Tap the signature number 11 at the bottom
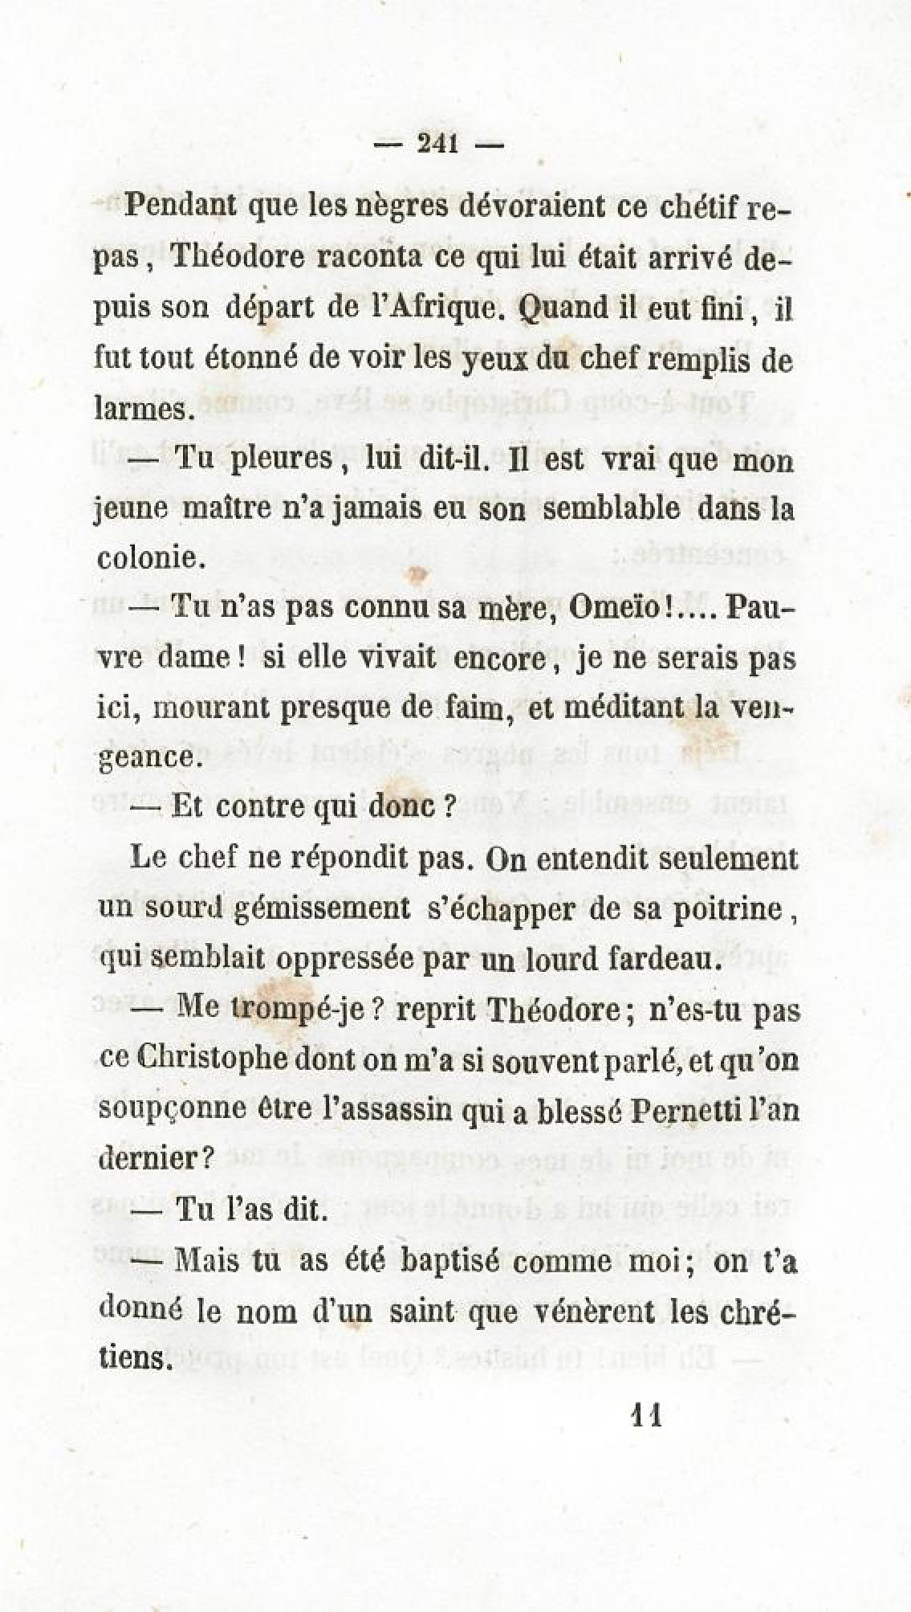(x=647, y=1413)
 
